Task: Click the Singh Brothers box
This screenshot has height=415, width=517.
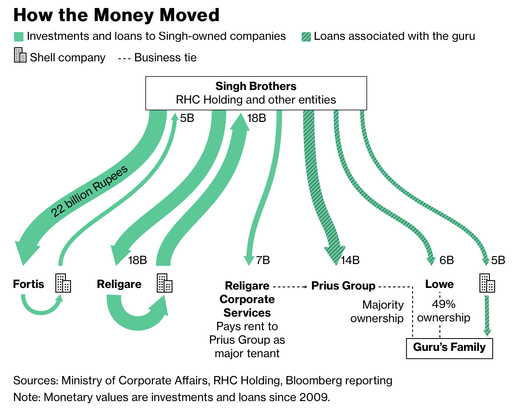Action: click(256, 93)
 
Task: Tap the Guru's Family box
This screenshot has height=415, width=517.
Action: click(449, 348)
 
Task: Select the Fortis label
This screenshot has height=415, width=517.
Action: click(29, 284)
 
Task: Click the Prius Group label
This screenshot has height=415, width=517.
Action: click(343, 286)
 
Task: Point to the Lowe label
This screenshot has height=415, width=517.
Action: click(439, 284)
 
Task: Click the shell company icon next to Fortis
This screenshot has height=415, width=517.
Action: click(63, 283)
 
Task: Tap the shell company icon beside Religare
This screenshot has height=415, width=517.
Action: click(165, 283)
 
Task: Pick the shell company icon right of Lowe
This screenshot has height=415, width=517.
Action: click(487, 283)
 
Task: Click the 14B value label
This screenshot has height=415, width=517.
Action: click(350, 260)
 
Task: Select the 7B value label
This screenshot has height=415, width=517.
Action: click(263, 260)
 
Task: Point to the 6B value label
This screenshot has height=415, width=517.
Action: click(446, 260)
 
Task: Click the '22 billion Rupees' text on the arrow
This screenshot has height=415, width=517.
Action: click(90, 191)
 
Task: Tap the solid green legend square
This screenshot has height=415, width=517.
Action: click(19, 37)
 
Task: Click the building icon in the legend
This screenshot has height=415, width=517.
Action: click(20, 55)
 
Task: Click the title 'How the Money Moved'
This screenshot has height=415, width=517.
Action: click(116, 15)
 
